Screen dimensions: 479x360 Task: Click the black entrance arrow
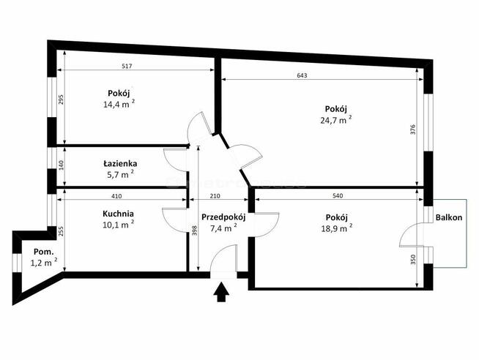click(221, 292)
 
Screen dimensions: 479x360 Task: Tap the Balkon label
click(449, 217)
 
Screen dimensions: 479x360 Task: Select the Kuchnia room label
click(118, 214)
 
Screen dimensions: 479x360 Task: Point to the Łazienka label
click(120, 163)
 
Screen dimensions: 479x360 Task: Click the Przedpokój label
click(223, 217)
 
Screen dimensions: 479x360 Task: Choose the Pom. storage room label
click(44, 252)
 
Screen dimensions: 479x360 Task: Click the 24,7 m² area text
click(335, 119)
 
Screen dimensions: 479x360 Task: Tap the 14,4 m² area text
click(119, 104)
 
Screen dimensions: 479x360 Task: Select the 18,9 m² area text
click(337, 228)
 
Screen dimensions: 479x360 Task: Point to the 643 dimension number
click(302, 75)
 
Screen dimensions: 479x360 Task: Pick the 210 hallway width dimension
click(215, 196)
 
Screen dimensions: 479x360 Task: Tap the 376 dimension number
click(413, 130)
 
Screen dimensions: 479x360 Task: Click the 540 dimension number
click(337, 196)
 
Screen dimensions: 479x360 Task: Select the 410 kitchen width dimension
click(116, 196)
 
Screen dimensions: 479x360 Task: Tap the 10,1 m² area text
click(118, 225)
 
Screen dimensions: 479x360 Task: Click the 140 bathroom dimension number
click(61, 165)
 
